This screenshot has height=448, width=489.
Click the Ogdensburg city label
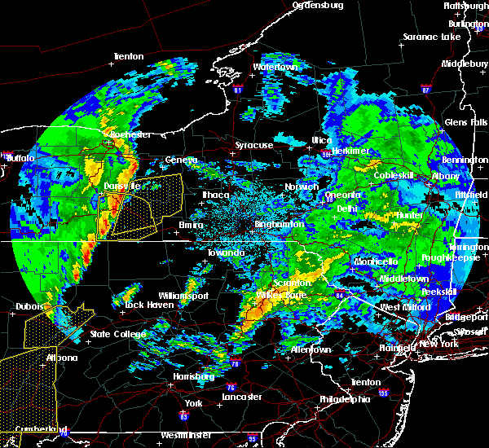point(318,5)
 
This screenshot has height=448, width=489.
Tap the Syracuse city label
point(254,145)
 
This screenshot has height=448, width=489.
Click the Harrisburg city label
point(193,377)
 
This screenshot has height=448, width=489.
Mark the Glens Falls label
point(467,121)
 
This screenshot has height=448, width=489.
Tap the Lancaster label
point(241,397)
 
